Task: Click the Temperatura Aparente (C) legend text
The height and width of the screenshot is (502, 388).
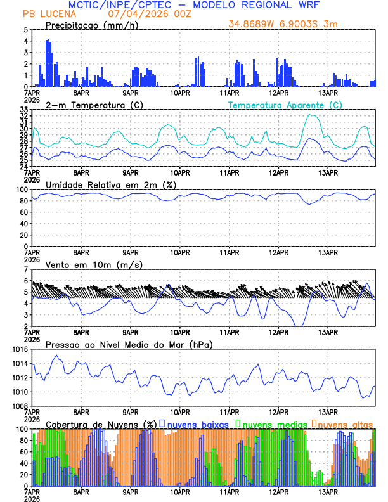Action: [x=285, y=105]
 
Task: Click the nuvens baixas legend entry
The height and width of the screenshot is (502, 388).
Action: [x=198, y=423]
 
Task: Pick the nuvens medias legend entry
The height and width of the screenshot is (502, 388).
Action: [x=273, y=423]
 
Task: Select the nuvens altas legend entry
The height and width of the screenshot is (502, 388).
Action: [x=345, y=423]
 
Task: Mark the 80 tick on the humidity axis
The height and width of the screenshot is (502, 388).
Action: [x=23, y=201]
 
